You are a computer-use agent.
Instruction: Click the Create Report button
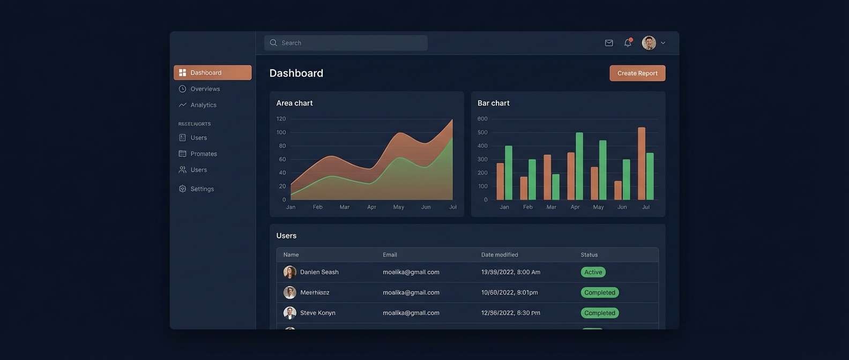coord(637,73)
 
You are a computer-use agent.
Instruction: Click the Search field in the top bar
coord(346,43)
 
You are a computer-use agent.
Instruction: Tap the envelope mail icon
coord(609,43)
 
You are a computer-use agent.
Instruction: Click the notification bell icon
coord(628,43)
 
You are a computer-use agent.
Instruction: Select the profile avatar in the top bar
coord(649,43)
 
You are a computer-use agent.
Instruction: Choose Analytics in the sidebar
coord(203,105)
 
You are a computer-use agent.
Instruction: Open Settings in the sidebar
coord(202,189)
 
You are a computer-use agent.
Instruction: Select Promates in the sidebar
coord(203,154)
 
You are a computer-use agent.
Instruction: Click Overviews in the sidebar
coord(205,89)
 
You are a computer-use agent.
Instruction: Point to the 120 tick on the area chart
coord(281,119)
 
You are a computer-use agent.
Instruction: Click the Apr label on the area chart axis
coord(371,207)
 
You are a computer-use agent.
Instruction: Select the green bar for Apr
coord(579,166)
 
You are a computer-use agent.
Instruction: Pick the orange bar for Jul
coord(642,163)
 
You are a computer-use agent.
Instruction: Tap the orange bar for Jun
coord(618,190)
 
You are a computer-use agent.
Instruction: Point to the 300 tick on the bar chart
coord(482,160)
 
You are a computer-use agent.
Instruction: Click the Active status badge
coord(593,272)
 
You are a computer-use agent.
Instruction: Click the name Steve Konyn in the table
coord(317,313)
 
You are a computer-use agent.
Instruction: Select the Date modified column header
coord(500,255)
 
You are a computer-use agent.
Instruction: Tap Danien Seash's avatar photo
coord(290,272)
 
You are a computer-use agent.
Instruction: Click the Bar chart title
coord(493,103)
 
